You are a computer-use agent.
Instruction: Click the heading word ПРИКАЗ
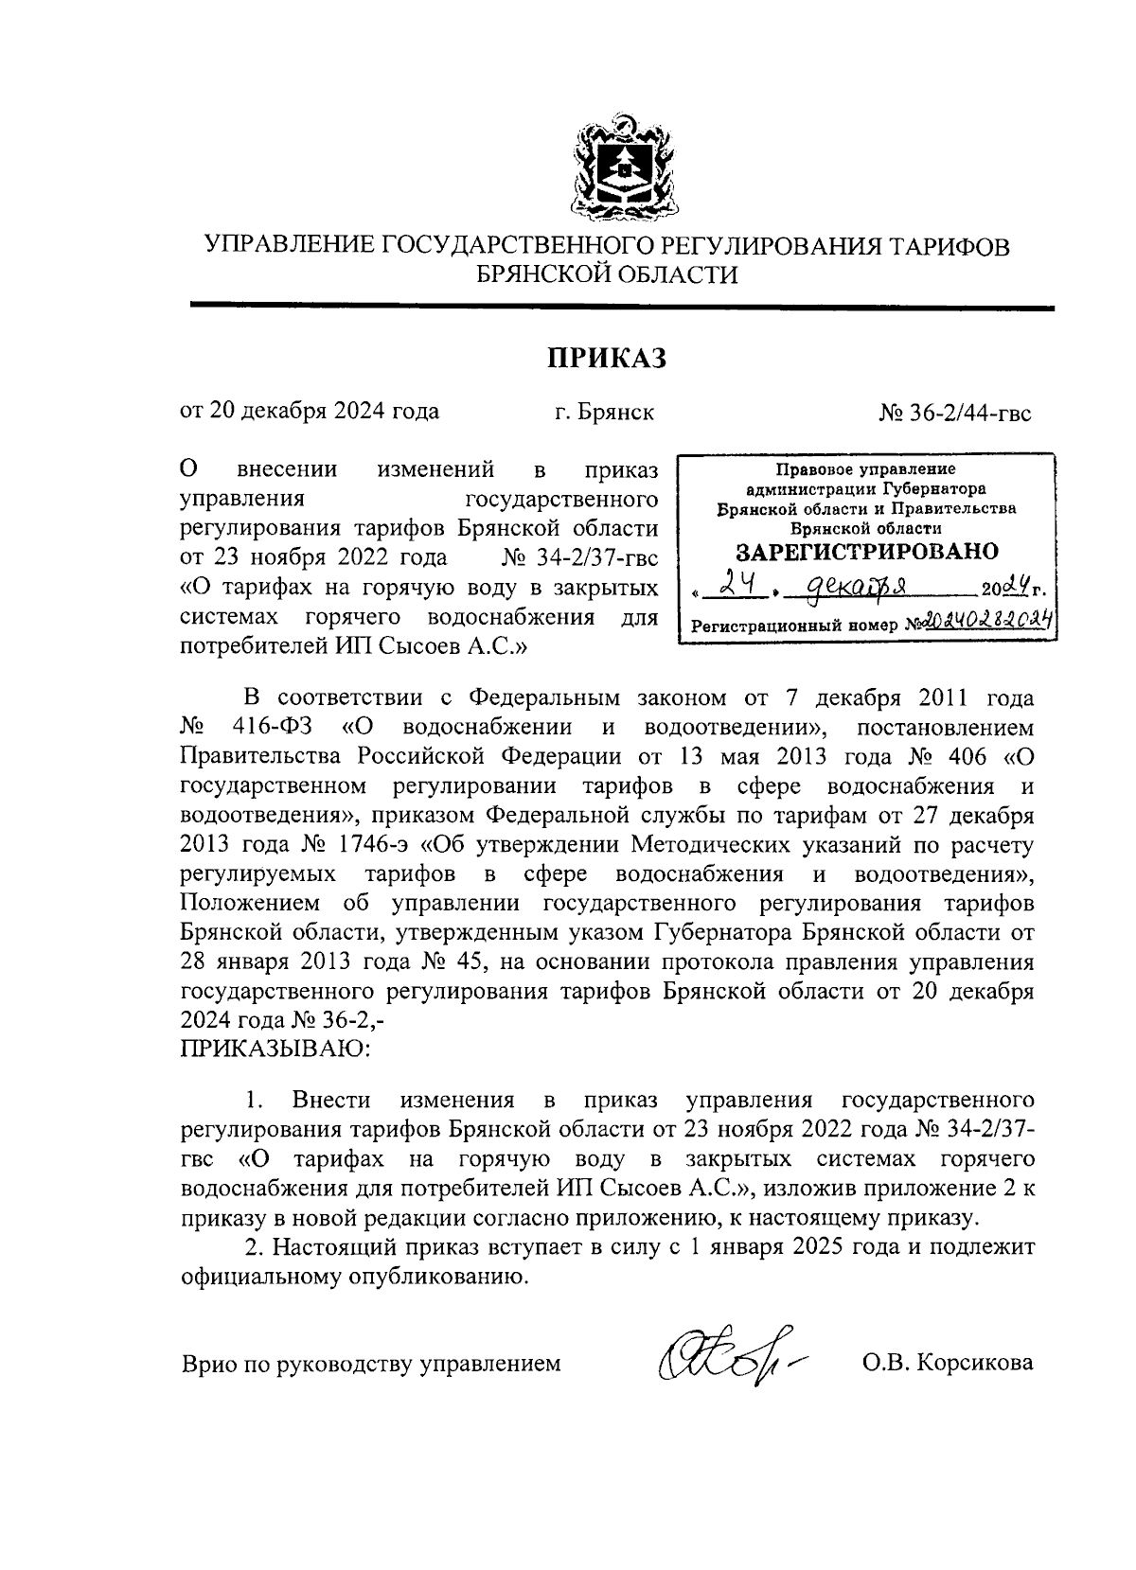point(606,359)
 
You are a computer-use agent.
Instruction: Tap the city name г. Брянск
point(604,413)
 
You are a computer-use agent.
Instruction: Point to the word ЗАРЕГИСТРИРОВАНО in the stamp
point(866,551)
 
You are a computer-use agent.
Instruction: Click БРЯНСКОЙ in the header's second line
point(549,274)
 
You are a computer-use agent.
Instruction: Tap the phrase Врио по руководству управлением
point(370,1364)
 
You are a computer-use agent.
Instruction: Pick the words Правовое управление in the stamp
point(865,469)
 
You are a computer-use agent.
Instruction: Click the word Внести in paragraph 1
point(331,1100)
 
